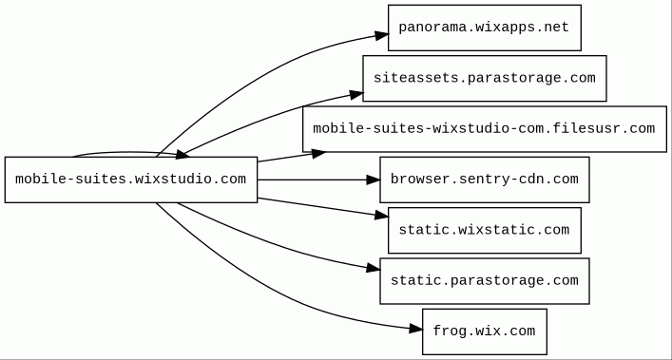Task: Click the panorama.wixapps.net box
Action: point(485,28)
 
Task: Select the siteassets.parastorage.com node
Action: point(485,78)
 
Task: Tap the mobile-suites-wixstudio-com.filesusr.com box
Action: point(485,129)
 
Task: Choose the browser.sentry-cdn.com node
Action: point(485,180)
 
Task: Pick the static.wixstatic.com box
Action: point(485,230)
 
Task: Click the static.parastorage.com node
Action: point(485,281)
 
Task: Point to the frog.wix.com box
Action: point(485,332)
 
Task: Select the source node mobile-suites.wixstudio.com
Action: point(131,180)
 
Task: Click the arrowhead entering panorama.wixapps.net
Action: point(381,35)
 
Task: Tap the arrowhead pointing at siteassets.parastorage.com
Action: point(356,95)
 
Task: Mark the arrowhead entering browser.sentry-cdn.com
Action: point(374,180)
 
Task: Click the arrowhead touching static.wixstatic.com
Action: point(381,216)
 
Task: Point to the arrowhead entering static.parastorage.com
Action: point(374,269)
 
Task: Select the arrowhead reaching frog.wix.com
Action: point(415,329)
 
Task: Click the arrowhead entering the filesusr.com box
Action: point(318,153)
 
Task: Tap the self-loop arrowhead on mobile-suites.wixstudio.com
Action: point(182,154)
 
